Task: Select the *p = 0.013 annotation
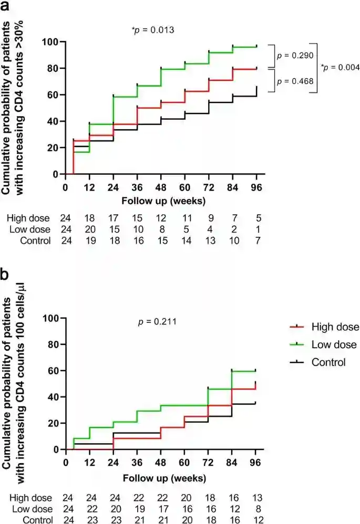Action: coord(153,30)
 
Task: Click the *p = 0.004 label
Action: coord(340,67)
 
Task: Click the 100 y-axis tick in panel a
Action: coord(51,41)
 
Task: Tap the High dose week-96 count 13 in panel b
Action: coord(256,498)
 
